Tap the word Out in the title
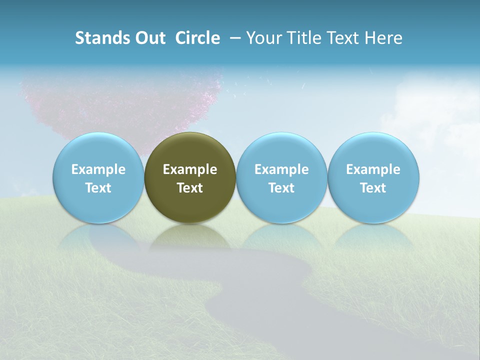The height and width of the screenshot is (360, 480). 149,38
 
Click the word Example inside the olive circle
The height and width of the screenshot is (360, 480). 190,169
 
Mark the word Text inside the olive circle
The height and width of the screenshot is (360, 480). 190,188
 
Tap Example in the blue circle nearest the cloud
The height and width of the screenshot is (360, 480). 373,169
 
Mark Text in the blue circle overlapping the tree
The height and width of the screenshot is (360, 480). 98,188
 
